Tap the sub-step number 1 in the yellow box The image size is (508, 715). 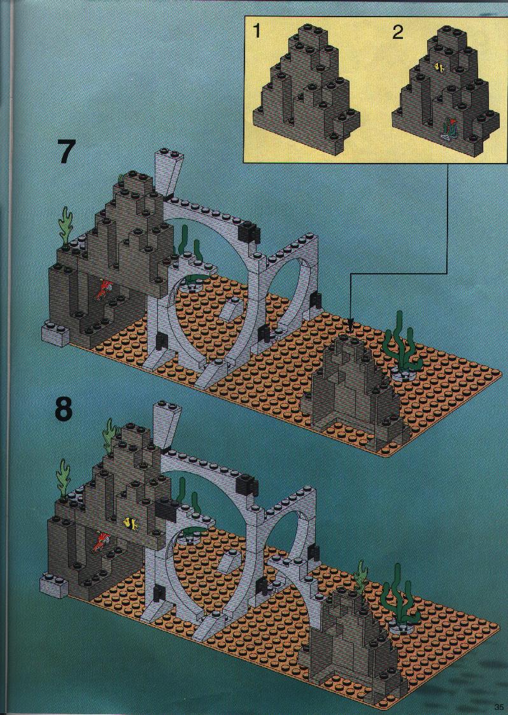tap(257, 31)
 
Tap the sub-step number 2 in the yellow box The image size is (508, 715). tap(398, 32)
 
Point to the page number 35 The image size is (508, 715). tap(497, 707)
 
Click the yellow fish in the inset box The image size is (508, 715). tap(440, 68)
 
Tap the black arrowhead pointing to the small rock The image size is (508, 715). tap(349, 327)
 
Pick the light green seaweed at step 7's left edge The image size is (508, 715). tap(66, 227)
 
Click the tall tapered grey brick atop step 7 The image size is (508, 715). tap(168, 173)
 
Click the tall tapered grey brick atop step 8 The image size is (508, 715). tap(166, 425)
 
